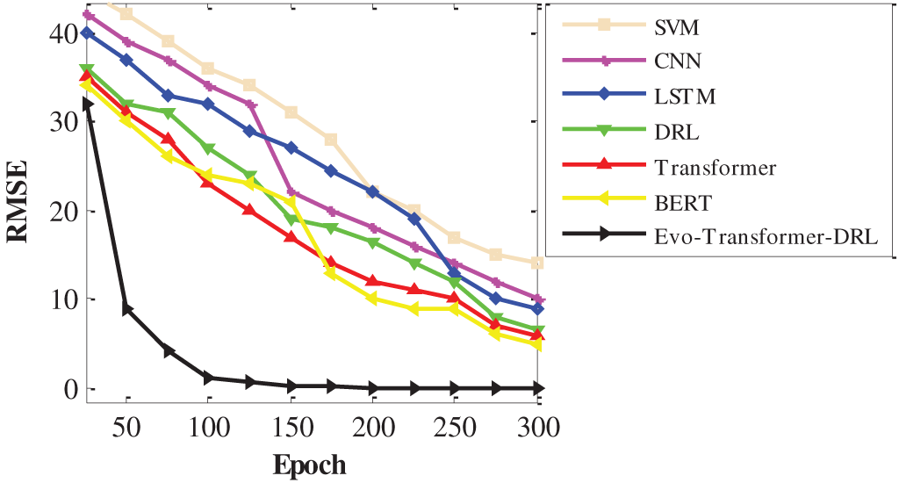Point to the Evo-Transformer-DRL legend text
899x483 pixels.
tap(765, 237)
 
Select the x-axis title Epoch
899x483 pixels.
tap(310, 464)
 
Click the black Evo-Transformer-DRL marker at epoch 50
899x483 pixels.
tap(126, 308)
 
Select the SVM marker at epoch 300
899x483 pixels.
tap(537, 263)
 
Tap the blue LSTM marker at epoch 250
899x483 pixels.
tap(455, 273)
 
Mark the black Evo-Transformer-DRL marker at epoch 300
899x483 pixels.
tap(537, 387)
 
